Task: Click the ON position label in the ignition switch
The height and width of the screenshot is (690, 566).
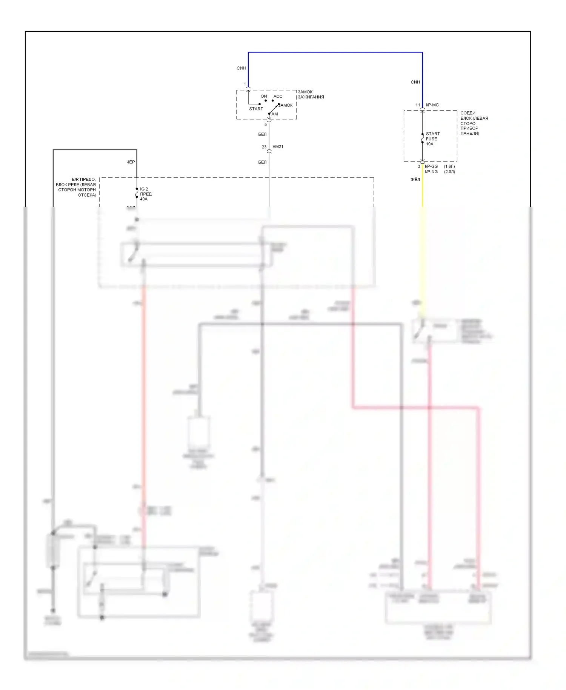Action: point(264,96)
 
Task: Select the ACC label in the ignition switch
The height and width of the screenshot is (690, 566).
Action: point(278,96)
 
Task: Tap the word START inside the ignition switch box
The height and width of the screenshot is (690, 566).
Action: point(256,109)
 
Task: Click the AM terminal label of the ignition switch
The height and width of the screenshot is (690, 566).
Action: point(275,114)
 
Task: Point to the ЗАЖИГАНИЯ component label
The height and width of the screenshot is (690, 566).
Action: point(311,97)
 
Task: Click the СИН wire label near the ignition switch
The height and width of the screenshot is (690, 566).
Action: point(241,68)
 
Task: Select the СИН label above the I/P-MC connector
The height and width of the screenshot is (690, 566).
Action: point(415,82)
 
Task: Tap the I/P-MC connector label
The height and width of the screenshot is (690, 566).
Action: point(432,105)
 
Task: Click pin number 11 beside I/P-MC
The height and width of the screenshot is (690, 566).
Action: point(418,105)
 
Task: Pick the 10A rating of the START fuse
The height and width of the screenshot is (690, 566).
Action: point(429,144)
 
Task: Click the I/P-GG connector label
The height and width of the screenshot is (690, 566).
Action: point(431,166)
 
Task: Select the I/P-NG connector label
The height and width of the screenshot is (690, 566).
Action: point(431,172)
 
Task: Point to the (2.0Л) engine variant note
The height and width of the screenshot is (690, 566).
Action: point(449,172)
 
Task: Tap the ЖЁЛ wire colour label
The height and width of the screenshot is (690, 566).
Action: point(415,180)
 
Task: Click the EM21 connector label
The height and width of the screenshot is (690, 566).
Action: point(278,146)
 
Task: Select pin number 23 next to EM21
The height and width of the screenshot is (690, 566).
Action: point(264,147)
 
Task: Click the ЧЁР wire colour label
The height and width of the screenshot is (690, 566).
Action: point(131,162)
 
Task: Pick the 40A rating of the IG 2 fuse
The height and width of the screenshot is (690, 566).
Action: point(144,199)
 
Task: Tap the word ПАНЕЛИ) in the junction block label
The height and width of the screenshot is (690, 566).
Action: point(470,133)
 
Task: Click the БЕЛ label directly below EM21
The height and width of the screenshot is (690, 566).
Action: point(262,162)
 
